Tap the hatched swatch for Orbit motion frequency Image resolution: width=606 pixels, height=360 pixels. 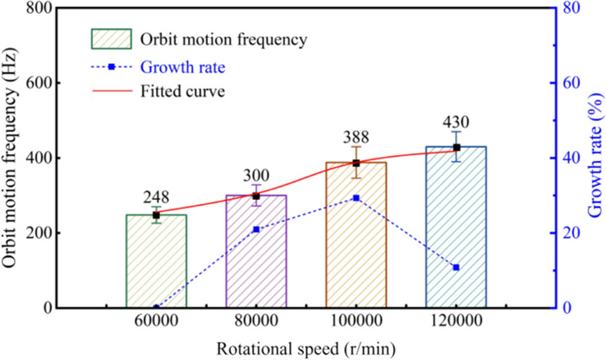110,39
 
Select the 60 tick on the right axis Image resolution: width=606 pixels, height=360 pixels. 568,83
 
